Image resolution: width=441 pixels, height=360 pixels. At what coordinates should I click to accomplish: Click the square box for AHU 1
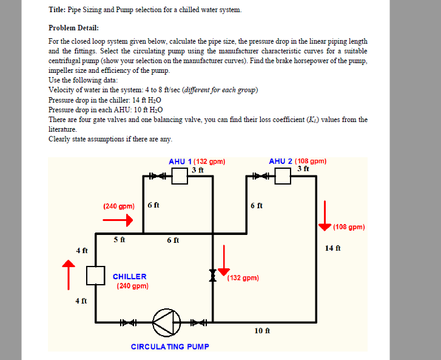coord(179,176)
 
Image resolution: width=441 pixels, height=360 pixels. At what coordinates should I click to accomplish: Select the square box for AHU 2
coord(283,176)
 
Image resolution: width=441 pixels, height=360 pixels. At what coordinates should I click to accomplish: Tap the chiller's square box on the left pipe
coord(95,276)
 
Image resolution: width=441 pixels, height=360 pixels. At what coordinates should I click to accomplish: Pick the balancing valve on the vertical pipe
coord(213,276)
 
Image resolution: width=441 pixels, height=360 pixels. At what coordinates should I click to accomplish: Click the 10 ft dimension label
coord(262,331)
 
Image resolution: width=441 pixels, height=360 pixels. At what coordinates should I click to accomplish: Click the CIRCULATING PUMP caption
coord(170,347)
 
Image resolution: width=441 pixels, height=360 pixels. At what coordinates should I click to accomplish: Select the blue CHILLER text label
coord(129,276)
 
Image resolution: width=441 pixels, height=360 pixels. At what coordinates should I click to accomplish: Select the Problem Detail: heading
coord(73,28)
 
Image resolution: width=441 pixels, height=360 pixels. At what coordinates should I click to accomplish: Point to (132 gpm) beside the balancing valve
coord(243,278)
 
